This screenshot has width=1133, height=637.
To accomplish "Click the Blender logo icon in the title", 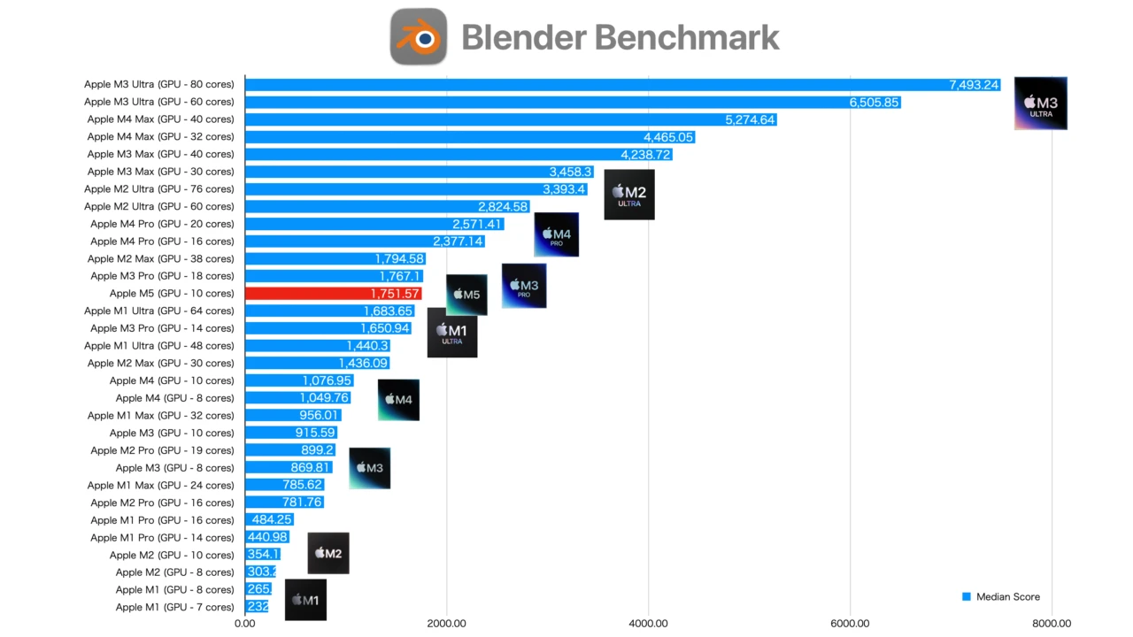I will click(x=419, y=37).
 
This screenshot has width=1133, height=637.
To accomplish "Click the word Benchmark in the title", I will click(x=686, y=37).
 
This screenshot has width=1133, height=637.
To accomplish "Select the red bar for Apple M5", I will click(x=332, y=294).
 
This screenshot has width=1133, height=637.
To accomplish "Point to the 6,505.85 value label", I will click(x=874, y=103).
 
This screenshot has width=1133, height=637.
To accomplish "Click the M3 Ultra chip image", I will click(x=1040, y=104).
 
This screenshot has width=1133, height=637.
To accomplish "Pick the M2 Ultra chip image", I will click(x=629, y=196).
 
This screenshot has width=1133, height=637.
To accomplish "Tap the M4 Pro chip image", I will click(x=556, y=235).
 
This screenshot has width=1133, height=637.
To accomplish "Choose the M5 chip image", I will click(x=466, y=295).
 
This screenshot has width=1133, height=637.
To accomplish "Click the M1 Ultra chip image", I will click(x=452, y=333).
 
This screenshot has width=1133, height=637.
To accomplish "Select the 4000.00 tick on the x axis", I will click(x=649, y=623).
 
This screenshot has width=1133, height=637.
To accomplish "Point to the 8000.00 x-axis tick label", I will click(x=1052, y=623).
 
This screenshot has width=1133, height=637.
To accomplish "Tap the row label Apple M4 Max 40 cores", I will click(x=160, y=119).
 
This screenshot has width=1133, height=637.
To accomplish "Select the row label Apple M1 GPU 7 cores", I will click(x=174, y=608).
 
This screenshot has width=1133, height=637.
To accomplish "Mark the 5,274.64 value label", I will click(x=750, y=120).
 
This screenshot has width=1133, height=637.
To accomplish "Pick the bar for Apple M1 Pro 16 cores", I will click(x=269, y=520).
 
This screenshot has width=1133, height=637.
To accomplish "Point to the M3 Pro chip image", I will click(x=524, y=286).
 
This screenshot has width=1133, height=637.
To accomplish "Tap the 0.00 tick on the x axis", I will click(x=244, y=623).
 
